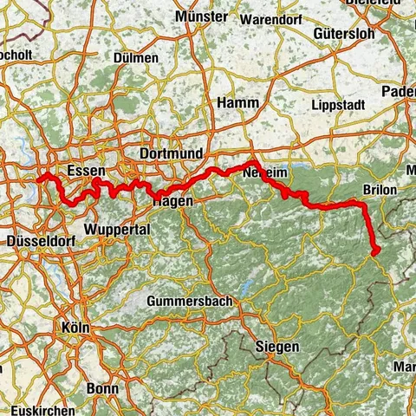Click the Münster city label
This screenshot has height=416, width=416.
[x=200, y=16]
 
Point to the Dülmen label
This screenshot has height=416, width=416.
[x=136, y=58]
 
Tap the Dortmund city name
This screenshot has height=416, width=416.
[x=171, y=153]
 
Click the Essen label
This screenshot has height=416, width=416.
[x=85, y=170]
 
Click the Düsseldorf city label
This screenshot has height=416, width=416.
[x=37, y=240]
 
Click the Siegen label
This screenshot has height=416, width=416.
[x=278, y=347]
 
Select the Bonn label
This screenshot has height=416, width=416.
[x=102, y=388]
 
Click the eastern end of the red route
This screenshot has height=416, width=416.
[x=375, y=252]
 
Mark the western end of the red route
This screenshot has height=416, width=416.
[x=40, y=179]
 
